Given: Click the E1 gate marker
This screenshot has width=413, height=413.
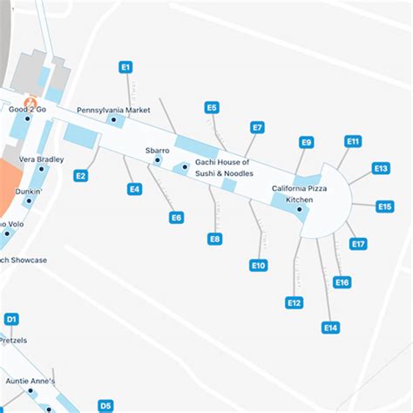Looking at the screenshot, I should point(125,66).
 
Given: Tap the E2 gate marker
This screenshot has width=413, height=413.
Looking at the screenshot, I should point(80,176).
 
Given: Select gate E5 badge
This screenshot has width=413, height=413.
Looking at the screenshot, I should point(212,108).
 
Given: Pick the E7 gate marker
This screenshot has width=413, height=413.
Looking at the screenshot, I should point(257,127).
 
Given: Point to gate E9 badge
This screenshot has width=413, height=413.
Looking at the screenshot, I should point(306,143).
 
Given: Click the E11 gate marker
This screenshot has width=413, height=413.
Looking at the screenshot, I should point(353,140).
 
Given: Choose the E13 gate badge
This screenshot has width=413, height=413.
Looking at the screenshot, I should point(381,168).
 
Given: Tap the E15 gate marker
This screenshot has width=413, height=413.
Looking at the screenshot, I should point(385,206).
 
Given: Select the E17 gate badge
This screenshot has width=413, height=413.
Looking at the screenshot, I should point(358,244).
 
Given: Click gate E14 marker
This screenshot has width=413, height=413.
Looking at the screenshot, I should point(330,328).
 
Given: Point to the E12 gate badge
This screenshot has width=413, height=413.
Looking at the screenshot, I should point(295,302).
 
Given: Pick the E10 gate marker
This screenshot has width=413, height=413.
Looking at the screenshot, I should point(258,266).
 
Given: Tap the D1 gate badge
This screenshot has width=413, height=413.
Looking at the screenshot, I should point(11,320).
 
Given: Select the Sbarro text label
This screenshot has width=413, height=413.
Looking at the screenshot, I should point(158,151).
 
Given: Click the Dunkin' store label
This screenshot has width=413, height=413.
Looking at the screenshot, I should point(30,189).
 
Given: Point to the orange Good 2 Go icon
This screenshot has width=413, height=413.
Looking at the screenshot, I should point(29,99).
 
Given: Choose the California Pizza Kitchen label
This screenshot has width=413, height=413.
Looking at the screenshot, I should point(300,194).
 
